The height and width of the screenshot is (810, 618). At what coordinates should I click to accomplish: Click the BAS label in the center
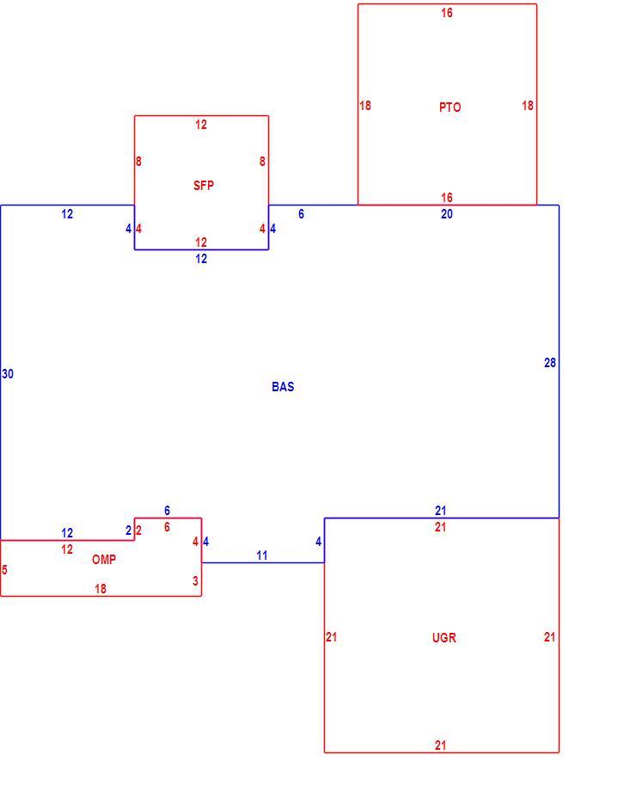(283, 387)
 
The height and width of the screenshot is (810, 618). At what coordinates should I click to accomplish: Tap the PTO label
(450, 107)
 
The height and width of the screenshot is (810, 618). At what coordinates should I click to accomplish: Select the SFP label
(204, 186)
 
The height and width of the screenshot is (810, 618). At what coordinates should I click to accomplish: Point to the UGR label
(444, 637)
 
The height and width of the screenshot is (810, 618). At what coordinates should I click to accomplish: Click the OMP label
(104, 560)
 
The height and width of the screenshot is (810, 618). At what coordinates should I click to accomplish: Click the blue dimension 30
(8, 373)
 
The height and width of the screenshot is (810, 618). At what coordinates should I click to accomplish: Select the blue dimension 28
(550, 363)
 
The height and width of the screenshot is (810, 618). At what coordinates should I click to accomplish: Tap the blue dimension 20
(447, 214)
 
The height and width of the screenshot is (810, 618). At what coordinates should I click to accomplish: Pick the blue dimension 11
(262, 555)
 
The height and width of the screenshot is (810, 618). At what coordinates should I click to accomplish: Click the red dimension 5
(4, 570)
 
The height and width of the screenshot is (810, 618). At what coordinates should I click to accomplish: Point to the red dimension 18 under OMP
(101, 588)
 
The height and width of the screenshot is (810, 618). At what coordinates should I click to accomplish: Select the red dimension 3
(195, 580)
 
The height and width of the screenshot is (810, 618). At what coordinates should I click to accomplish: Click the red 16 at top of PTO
(447, 12)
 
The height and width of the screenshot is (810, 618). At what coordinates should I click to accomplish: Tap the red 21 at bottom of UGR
(440, 745)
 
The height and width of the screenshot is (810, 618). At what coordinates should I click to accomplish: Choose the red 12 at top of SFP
(201, 125)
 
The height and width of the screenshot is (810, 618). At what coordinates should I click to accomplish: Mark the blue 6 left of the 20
(301, 214)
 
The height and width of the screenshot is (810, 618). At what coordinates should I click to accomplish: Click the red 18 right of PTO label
(527, 106)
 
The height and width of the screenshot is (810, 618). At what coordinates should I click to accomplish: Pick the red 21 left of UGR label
(332, 637)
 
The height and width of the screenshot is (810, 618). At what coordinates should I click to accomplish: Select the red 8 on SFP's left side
(138, 161)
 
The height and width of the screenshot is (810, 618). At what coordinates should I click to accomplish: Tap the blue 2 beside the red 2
(129, 531)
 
